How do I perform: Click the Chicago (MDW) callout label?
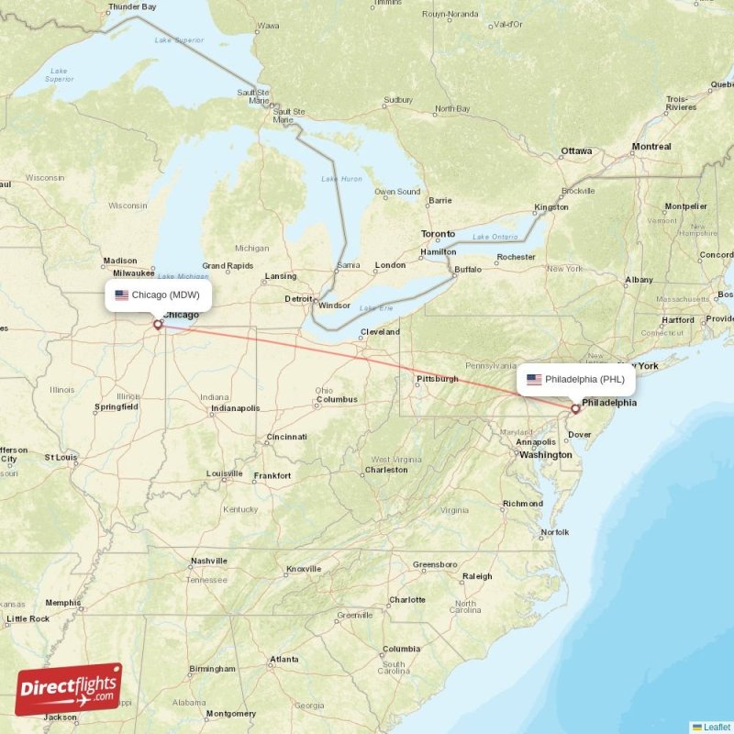[x=158, y=295]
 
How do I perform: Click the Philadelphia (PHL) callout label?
[x=575, y=378]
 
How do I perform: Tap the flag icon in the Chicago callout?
[x=121, y=295]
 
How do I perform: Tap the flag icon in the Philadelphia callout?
[x=534, y=379]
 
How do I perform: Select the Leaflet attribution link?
[x=717, y=727]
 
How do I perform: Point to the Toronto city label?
[x=438, y=234]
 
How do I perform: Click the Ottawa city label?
[x=576, y=150]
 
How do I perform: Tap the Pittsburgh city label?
[x=437, y=378]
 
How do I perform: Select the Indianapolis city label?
[x=235, y=407]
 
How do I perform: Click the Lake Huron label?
[x=340, y=178]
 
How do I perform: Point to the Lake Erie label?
[x=376, y=307]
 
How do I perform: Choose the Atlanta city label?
[x=284, y=659]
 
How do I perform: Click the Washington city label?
[x=545, y=454]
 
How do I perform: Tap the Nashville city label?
[x=208, y=561]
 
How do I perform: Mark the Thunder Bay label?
[x=131, y=6]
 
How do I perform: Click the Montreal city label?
[x=651, y=146]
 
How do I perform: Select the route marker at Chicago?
[x=158, y=324]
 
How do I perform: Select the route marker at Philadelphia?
[x=575, y=408]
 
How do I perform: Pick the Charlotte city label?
[x=406, y=599]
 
